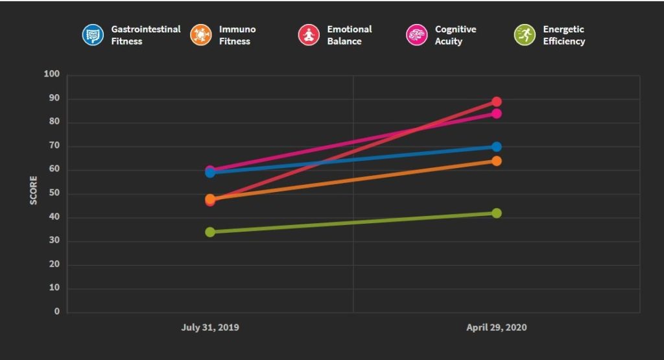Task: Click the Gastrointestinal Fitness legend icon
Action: coord(93,35)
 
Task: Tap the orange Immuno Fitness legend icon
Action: coord(201,35)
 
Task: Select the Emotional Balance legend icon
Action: coord(309,35)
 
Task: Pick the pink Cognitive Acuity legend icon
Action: coord(416,35)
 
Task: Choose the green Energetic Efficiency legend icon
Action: coord(524,35)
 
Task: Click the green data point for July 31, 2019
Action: coord(210,232)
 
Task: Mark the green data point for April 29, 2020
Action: coord(497,213)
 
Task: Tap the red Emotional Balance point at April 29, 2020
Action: coord(497,102)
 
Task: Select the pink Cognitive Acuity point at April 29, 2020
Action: coord(497,114)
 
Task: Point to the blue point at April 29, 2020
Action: coord(497,147)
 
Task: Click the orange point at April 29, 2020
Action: coord(497,161)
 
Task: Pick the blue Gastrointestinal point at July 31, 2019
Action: coord(210,173)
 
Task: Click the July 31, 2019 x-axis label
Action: coord(210,328)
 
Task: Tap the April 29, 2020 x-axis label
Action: coord(497,328)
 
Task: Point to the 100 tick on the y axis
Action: coord(52,75)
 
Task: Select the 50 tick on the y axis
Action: coord(54,193)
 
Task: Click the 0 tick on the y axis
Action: coord(57,312)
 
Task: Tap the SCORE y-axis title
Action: coord(34,193)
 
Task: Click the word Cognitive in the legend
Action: coord(455,29)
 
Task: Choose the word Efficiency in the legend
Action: coord(564,42)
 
